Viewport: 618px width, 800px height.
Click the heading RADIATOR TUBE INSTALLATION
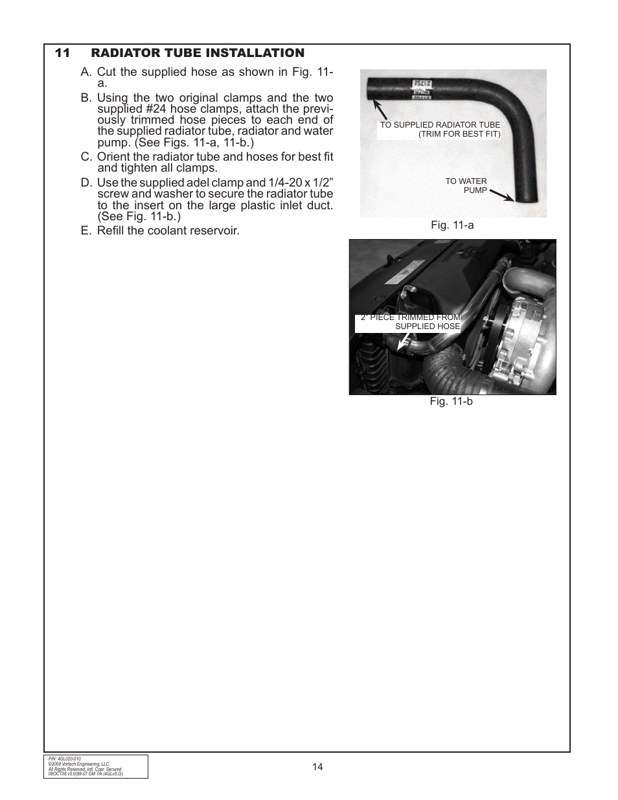point(197,53)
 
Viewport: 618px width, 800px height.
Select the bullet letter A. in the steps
point(87,73)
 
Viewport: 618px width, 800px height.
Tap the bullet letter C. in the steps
point(87,157)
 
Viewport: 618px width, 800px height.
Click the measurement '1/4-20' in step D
point(284,183)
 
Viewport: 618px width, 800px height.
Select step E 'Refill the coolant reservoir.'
point(168,231)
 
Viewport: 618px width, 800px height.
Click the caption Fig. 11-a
point(453,225)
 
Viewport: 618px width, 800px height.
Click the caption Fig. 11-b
point(452,402)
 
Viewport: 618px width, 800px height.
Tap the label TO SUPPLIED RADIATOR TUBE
point(440,125)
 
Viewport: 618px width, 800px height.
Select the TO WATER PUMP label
point(466,186)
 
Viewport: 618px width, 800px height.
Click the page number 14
point(317,767)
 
